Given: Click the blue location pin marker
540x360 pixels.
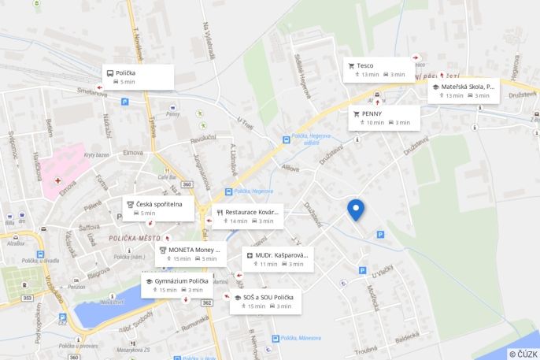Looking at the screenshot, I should click(356, 209).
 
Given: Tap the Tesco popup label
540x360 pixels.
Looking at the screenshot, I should click(380, 69).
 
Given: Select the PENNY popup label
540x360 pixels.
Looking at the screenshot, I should click(385, 117).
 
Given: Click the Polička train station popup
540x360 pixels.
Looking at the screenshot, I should click(138, 76).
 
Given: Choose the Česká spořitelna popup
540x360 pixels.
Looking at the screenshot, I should click(157, 208).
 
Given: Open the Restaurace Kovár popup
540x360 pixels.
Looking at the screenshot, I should click(248, 216).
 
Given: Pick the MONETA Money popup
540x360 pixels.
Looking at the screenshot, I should click(186, 254).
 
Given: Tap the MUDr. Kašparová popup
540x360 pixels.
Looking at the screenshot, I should click(278, 259).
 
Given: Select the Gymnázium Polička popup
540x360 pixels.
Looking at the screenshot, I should click(176, 285).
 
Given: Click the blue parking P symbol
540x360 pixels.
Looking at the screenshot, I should click(381, 234).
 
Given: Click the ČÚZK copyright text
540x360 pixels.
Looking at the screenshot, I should click(522, 354).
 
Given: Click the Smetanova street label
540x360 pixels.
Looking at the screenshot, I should click(91, 93).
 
